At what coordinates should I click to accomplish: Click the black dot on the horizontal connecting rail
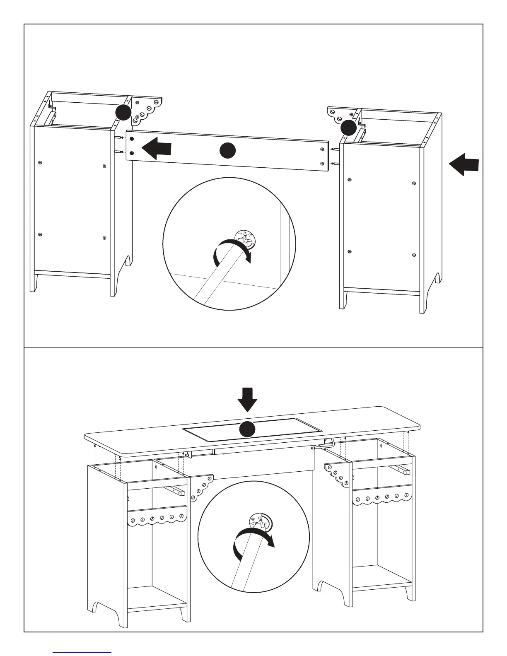coord(227,150)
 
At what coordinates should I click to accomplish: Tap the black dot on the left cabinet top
coord(123,112)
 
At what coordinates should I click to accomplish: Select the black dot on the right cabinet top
coord(348,128)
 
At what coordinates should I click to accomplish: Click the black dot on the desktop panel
coord(248,429)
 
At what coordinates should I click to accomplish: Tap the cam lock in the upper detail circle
coord(246,239)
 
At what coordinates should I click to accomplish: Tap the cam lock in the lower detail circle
coord(259,523)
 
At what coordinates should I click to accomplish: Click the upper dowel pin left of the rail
coord(118,138)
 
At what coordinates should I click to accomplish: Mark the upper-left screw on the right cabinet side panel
coord(350,179)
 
